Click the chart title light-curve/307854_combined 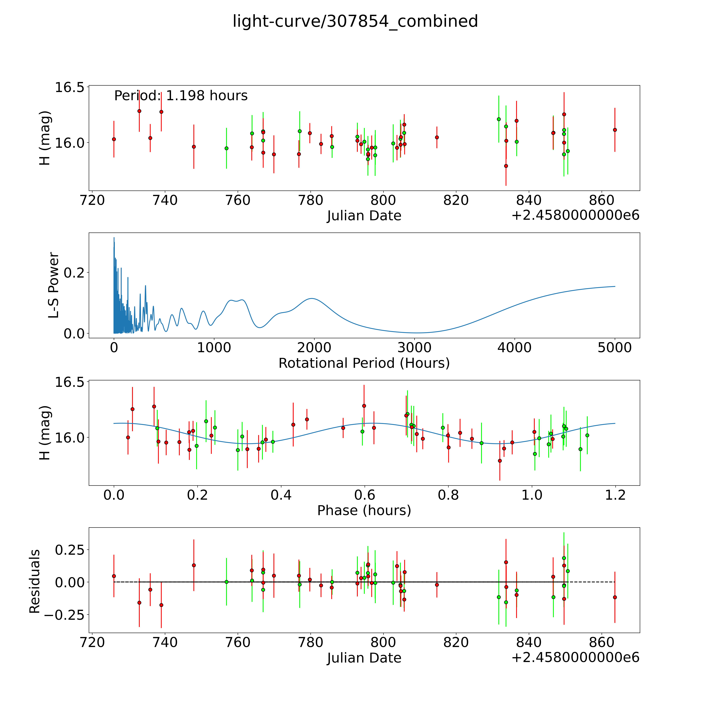click(355, 21)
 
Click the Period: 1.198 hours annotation click(181, 96)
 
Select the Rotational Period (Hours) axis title click(364, 363)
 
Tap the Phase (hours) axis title click(364, 510)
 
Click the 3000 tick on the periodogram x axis click(414, 348)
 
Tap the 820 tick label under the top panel click(456, 201)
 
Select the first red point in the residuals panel click(114, 576)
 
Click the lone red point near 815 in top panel click(437, 137)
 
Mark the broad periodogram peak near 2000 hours click(312, 298)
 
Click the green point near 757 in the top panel click(226, 148)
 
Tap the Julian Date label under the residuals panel click(364, 658)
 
